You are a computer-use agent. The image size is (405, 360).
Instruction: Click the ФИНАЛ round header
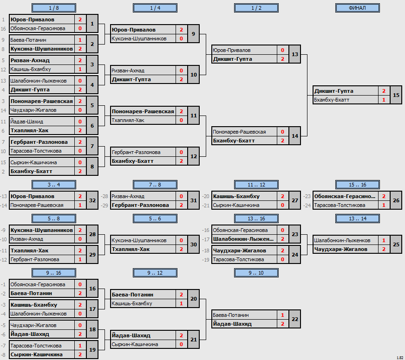pyautogui.click(x=358, y=8)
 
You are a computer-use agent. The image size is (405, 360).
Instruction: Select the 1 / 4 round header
pyautogui.click(x=155, y=8)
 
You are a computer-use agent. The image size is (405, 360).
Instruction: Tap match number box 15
pyautogui.click(x=396, y=95)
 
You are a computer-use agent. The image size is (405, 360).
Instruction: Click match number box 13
pyautogui.click(x=295, y=54)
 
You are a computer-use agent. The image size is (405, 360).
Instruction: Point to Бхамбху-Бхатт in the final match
pyautogui.click(x=332, y=100)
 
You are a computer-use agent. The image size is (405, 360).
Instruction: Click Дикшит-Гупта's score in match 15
pyautogui.click(x=384, y=91)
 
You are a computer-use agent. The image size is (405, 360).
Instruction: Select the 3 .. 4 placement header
pyautogui.click(x=54, y=185)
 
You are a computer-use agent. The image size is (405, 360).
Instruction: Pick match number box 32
pyautogui.click(x=92, y=200)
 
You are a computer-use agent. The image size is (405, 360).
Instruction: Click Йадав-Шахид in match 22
pyautogui.click(x=232, y=324)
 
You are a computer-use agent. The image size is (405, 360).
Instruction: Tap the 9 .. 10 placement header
pyautogui.click(x=256, y=273)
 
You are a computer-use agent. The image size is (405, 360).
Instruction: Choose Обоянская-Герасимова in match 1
pyautogui.click(x=38, y=28)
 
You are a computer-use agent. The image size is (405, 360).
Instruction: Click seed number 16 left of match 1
pyautogui.click(x=3, y=29)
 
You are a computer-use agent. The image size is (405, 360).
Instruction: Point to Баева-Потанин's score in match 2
pyautogui.click(x=80, y=40)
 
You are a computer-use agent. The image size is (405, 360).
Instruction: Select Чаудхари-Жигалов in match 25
pyautogui.click(x=341, y=249)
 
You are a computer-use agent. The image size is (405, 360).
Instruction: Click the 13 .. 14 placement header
pyautogui.click(x=358, y=219)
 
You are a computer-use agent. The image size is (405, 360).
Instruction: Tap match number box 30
pyautogui.click(x=194, y=244)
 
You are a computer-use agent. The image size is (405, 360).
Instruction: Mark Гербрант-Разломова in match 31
pyautogui.click(x=140, y=205)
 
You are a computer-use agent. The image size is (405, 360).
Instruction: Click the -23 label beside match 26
pyautogui.click(x=307, y=196)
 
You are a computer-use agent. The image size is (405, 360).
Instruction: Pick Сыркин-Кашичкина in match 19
pyautogui.click(x=36, y=354)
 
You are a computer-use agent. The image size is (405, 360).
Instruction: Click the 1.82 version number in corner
pyautogui.click(x=400, y=358)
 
